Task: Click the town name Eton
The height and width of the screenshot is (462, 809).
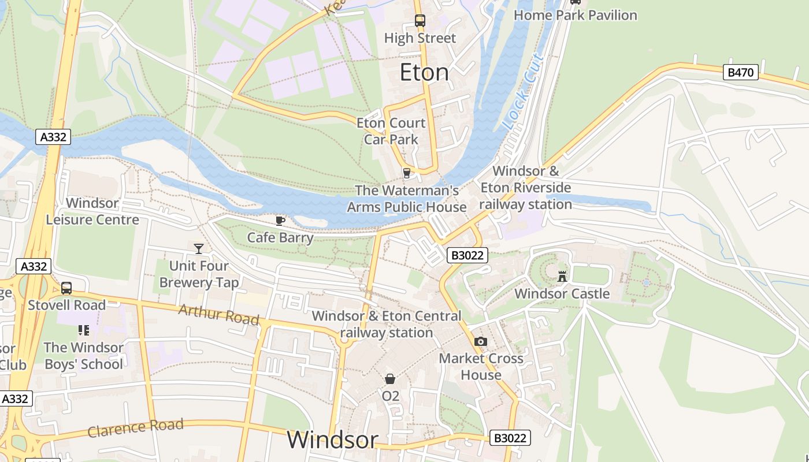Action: click(x=424, y=72)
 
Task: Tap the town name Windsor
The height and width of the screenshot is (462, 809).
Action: click(x=332, y=440)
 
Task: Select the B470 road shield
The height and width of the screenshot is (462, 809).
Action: click(x=741, y=72)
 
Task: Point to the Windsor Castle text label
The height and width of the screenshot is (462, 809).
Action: click(x=562, y=293)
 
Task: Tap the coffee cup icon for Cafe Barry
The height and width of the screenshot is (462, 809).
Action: click(x=280, y=220)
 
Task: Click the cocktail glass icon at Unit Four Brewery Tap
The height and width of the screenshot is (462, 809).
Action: click(x=199, y=248)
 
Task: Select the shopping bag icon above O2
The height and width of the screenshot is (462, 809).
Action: click(x=390, y=379)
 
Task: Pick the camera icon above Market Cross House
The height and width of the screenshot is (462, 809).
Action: click(x=480, y=341)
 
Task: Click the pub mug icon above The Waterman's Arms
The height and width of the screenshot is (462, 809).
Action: click(x=407, y=173)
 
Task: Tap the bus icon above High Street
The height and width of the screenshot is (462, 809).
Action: click(x=420, y=21)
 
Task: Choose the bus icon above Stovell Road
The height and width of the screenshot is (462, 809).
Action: click(x=66, y=288)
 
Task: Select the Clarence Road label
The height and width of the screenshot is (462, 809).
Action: click(x=135, y=428)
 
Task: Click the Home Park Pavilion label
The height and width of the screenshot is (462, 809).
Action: click(x=575, y=15)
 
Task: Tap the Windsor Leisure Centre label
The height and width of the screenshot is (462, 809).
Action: click(x=92, y=211)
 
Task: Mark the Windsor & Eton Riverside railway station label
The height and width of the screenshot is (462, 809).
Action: click(x=525, y=188)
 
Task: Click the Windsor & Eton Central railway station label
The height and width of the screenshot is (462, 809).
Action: click(x=387, y=324)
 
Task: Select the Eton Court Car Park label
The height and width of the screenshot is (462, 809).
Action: click(x=391, y=131)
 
